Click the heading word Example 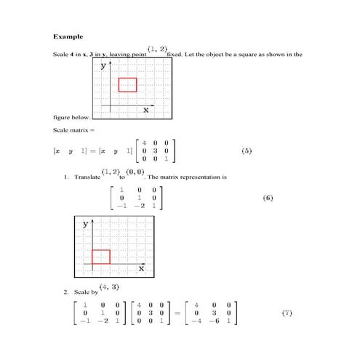68,36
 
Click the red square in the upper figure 127,84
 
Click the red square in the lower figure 100,256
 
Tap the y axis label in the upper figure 103,65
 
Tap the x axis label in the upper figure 145,110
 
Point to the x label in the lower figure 141,269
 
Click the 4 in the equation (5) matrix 145,143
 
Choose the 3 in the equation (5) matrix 155,151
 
